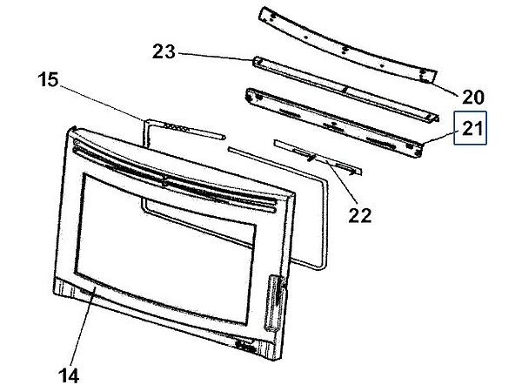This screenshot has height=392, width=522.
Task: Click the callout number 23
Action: pyautogui.click(x=164, y=52)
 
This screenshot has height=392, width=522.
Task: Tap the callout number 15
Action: pyautogui.click(x=48, y=80)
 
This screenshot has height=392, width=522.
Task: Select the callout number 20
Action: pyautogui.click(x=473, y=98)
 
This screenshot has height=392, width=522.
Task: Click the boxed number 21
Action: pyautogui.click(x=471, y=128)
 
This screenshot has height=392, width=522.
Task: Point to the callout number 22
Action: pyautogui.click(x=359, y=216)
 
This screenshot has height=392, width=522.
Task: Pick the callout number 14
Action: pyautogui.click(x=69, y=375)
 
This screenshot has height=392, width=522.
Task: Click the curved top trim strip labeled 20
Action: pyautogui.click(x=348, y=45)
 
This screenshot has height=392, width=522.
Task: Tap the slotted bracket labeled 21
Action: pyautogui.click(x=334, y=122)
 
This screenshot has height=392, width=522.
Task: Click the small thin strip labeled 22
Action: pyautogui.click(x=318, y=157)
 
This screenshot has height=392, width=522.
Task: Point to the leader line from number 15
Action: pyautogui.click(x=103, y=103)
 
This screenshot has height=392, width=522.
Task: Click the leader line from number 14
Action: pyautogui.click(x=84, y=326)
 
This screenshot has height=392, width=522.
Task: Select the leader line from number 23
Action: pyautogui.click(x=215, y=57)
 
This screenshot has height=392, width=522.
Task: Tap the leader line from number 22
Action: pyautogui.click(x=343, y=182)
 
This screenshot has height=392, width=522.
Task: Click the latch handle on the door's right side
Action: pyautogui.click(x=275, y=302)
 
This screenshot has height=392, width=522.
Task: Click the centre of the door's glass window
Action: pyautogui.click(x=165, y=247)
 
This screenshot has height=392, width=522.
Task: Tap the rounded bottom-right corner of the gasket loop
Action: pyautogui.click(x=323, y=263)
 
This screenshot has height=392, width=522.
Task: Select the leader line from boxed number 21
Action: pyautogui.click(x=438, y=138)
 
